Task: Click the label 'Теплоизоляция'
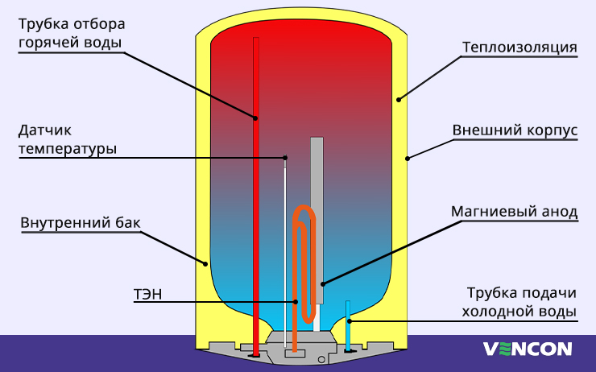coord(519,47)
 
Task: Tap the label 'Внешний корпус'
coord(515,130)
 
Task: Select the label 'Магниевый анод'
coord(514,213)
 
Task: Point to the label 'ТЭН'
coord(147,294)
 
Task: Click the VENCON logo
coord(527,349)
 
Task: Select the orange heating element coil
coord(303,242)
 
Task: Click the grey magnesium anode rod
coord(317,209)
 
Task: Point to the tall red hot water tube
coord(256,201)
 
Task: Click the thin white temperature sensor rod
coord(286,242)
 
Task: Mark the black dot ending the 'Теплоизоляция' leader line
coord(397,100)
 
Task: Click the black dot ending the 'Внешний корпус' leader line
coord(408,159)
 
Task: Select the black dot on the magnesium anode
coord(322,283)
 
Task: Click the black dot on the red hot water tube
coord(256,118)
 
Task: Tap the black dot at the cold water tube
coord(349,320)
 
